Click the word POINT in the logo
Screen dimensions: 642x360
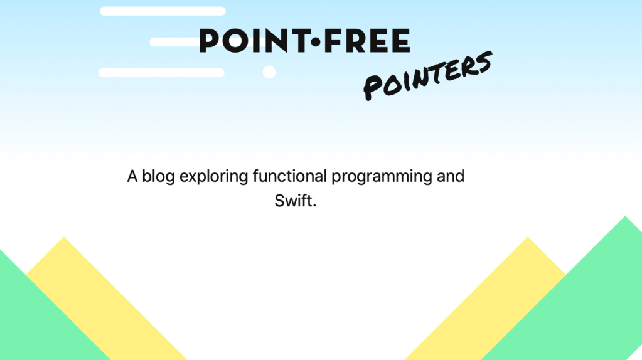254,41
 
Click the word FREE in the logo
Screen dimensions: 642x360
366,41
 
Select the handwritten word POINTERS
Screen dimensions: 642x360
428,76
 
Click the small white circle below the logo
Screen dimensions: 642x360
269,72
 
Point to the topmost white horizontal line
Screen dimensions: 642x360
163,11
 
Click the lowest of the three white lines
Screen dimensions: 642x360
161,73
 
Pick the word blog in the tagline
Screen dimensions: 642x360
158,177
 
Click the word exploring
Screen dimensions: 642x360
214,177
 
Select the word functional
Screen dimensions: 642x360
290,176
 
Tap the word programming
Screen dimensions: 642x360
382,177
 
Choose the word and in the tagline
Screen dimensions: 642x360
451,176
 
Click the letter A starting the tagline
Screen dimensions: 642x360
132,177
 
